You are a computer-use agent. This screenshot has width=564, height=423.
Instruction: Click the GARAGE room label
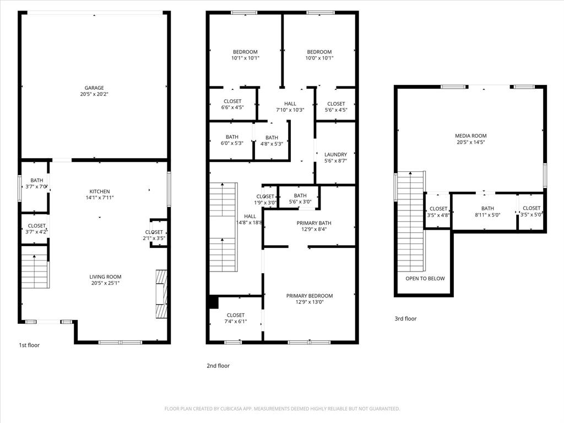tap(94, 88)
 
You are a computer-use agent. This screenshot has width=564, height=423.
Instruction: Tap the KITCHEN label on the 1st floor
tap(100, 192)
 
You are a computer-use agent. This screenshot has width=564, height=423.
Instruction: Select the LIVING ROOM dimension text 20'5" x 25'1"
tap(105, 283)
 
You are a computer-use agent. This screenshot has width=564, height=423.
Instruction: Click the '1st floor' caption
tap(29, 345)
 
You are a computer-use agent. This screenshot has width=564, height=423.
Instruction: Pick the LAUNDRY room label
tap(335, 155)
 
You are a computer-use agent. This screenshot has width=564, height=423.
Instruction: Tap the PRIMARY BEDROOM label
tap(310, 296)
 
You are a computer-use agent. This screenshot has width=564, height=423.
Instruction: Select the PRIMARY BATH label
tap(314, 223)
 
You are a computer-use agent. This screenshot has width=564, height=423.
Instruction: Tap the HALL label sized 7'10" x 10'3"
tap(290, 104)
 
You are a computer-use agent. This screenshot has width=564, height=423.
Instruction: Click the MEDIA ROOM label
tap(470, 135)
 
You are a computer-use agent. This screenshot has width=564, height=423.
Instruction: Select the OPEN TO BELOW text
tap(425, 279)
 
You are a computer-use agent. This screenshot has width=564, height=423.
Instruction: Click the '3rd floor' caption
tap(405, 318)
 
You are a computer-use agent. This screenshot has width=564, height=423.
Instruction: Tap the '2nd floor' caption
tap(218, 366)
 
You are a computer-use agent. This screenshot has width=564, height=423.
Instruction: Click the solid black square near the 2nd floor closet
tap(214, 302)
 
